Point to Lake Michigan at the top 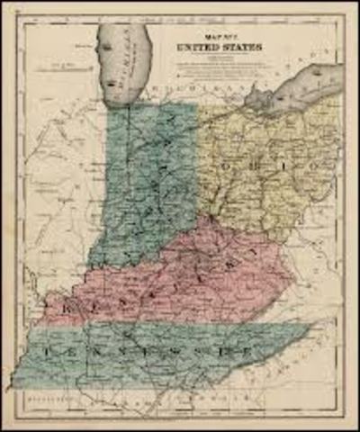(x=125, y=58)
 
